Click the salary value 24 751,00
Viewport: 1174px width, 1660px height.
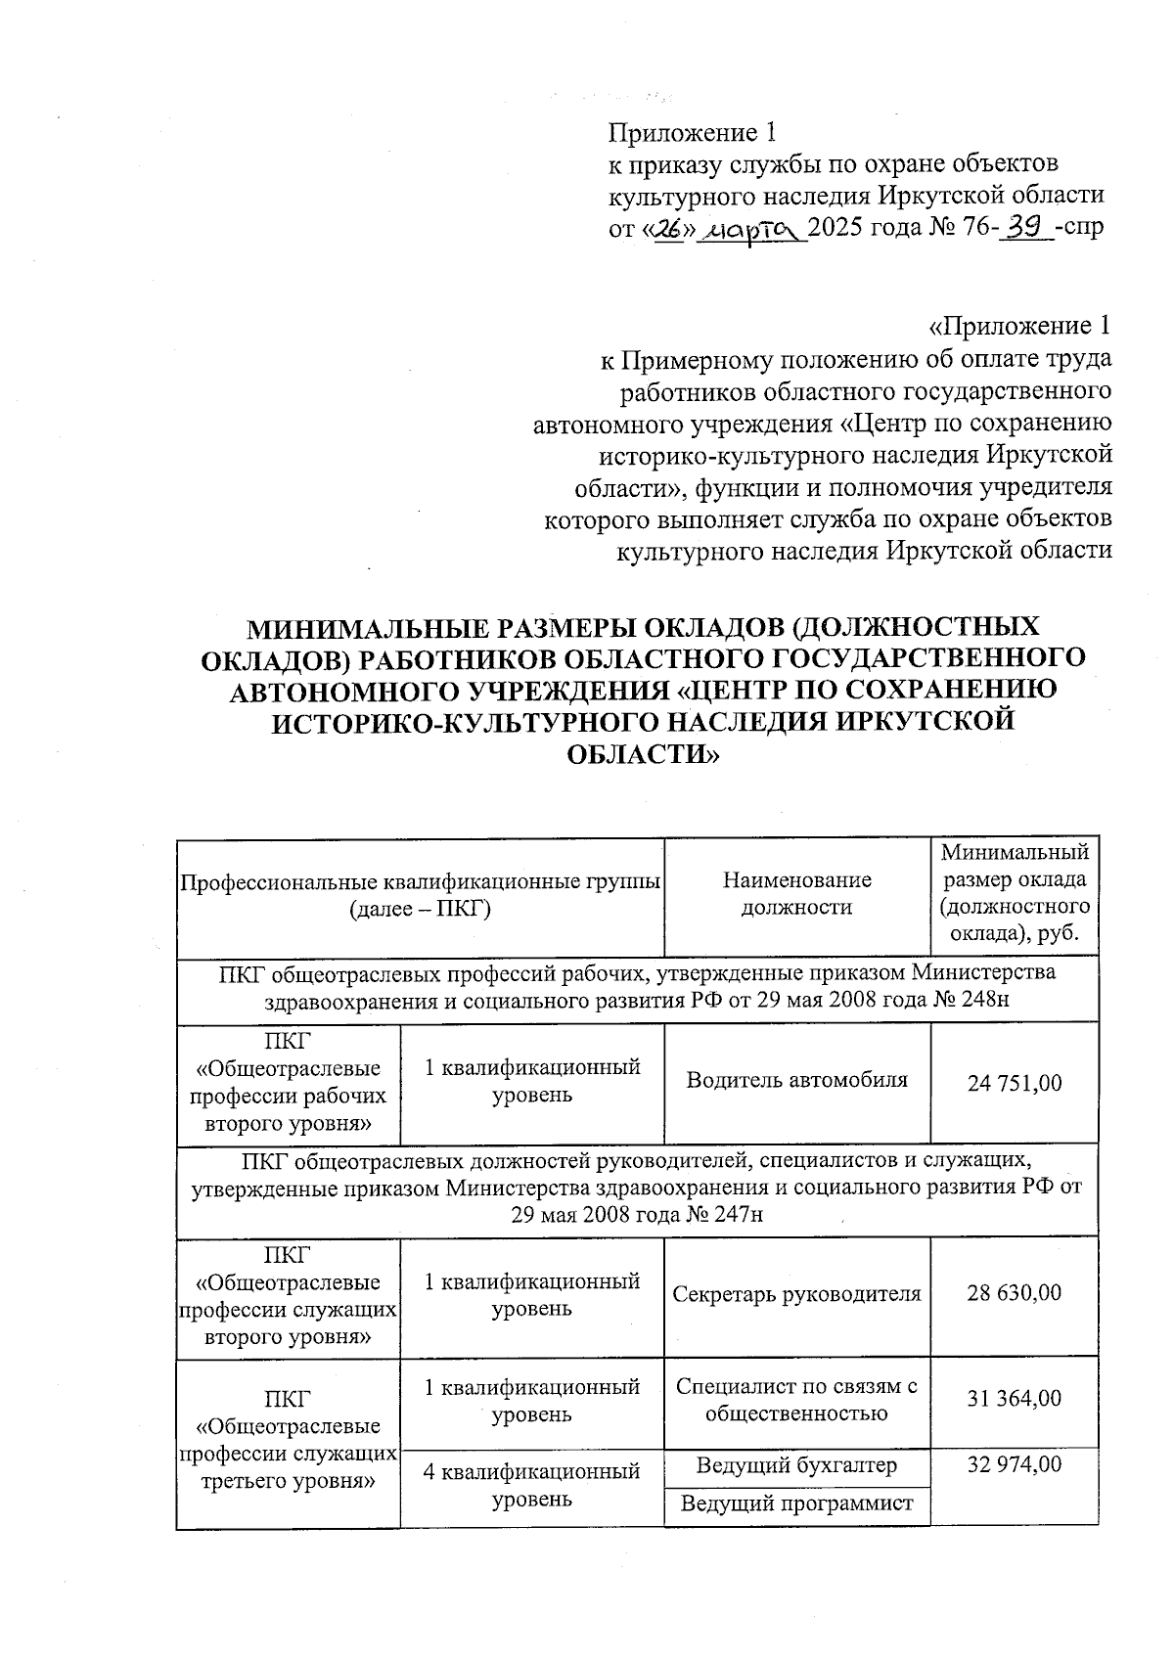tap(1015, 1083)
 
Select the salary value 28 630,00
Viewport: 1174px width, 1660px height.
tap(1015, 1293)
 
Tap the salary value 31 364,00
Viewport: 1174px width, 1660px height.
tap(1015, 1399)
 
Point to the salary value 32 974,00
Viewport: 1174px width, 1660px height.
tap(1015, 1464)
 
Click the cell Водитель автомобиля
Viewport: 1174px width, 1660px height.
tap(796, 1080)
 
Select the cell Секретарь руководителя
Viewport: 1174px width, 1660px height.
tap(796, 1293)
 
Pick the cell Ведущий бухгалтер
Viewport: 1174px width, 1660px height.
tap(796, 1465)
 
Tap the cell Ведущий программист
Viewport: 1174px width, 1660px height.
tap(796, 1503)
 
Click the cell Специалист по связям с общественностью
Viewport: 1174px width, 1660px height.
tap(796, 1400)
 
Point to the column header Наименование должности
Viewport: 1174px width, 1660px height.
tap(796, 893)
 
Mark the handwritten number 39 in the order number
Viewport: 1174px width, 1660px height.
tap(1026, 229)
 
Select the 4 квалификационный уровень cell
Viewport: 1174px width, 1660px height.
tap(531, 1485)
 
